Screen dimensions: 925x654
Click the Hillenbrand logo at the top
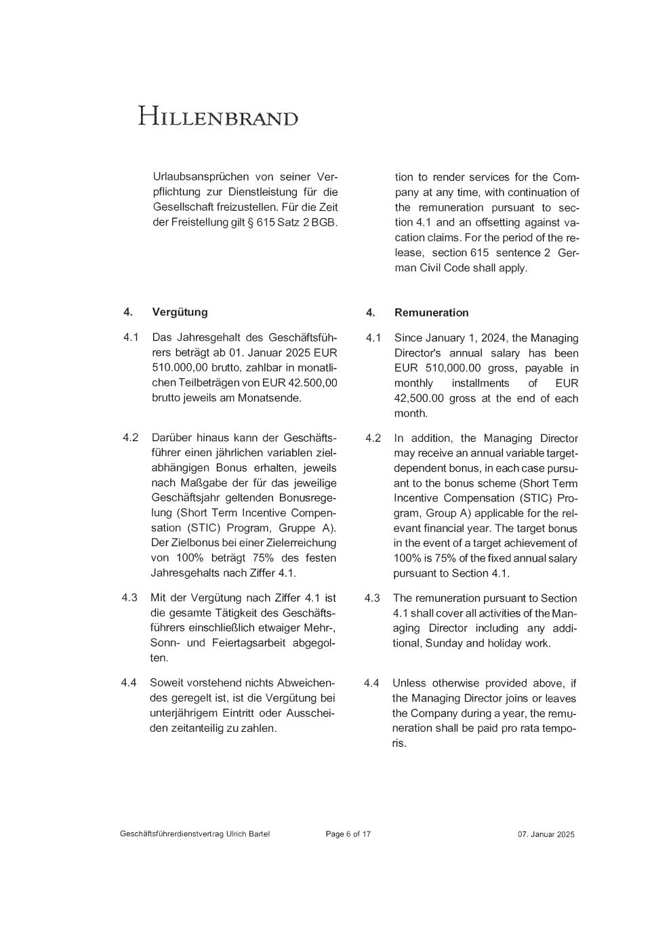pos(218,117)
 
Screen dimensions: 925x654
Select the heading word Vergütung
pos(180,312)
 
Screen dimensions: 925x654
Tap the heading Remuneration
pos(431,312)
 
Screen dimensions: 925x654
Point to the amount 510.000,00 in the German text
pos(176,368)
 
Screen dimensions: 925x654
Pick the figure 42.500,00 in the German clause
pos(312,383)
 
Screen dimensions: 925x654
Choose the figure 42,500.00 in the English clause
pos(419,398)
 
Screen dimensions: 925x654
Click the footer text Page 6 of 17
pos(348,834)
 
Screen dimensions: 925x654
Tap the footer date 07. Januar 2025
pos(546,834)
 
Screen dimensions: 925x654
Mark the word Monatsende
pos(269,398)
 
